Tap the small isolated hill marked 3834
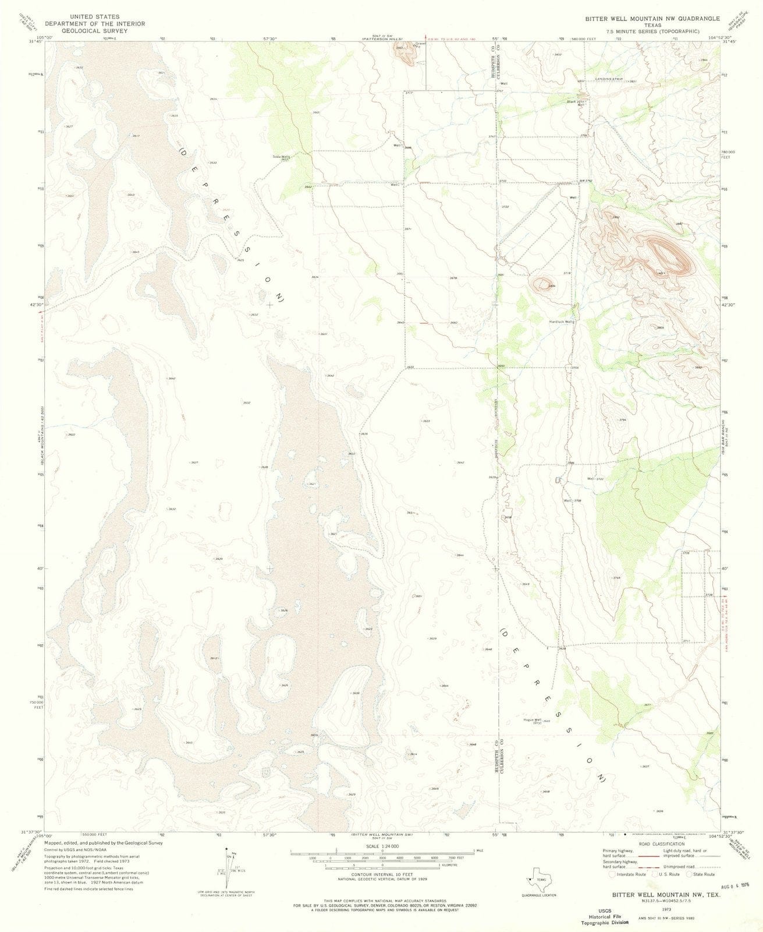coord(544,284)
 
